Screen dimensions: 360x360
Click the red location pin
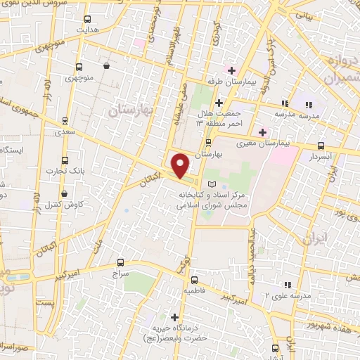click(180, 165)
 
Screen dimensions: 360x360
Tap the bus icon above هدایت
click(87, 19)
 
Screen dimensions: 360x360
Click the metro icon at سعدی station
click(65, 120)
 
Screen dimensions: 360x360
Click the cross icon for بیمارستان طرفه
click(230, 71)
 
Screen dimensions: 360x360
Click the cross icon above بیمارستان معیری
click(262, 131)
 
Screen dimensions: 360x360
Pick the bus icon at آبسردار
click(321, 146)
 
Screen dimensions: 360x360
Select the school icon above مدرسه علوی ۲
click(287, 284)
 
